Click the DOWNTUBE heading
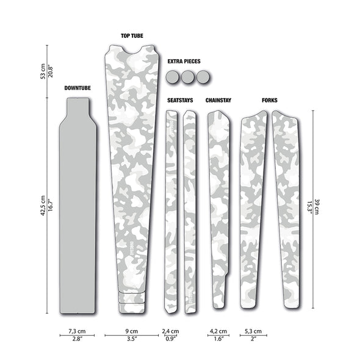[x=77, y=88]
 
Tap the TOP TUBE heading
[x=132, y=36]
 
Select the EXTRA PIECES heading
[x=184, y=61]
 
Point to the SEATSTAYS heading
[x=180, y=100]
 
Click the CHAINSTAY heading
[x=218, y=100]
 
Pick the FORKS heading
[x=270, y=100]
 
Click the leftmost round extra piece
[x=172, y=77]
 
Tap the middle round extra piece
[x=187, y=77]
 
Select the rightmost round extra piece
[x=203, y=77]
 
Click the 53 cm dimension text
[x=43, y=71]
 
